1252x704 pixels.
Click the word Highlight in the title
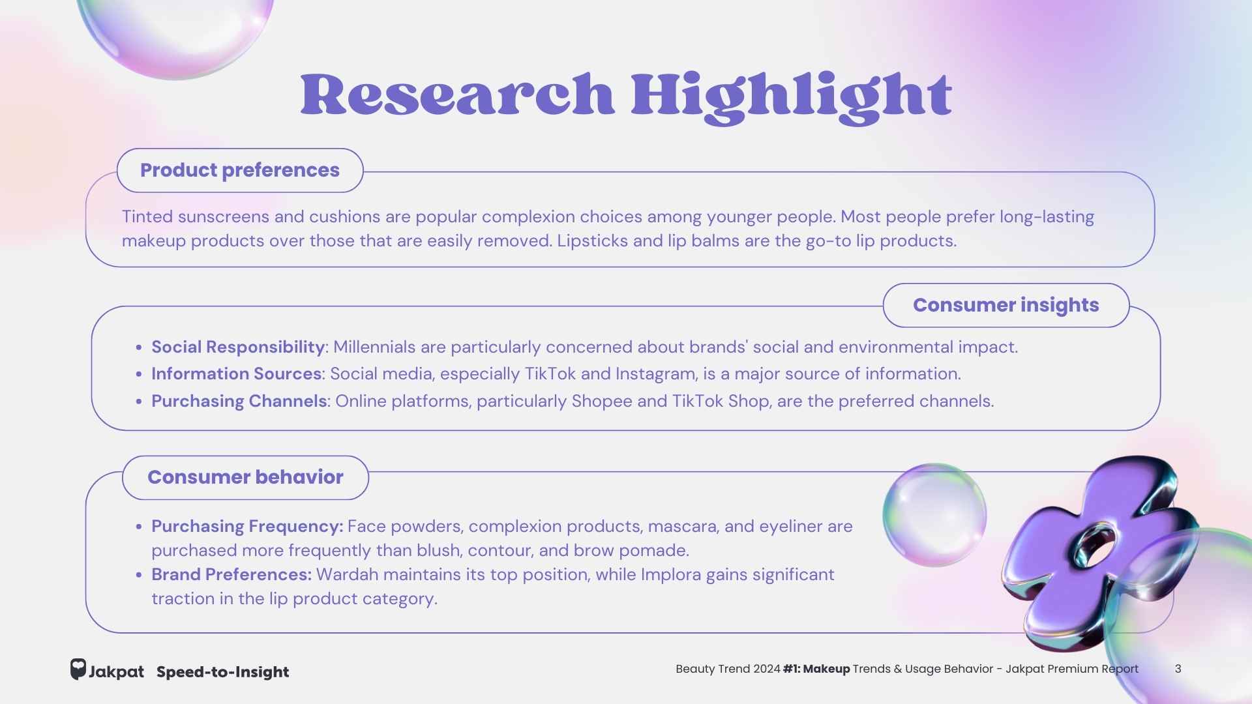point(792,98)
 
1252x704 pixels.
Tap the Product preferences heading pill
point(240,170)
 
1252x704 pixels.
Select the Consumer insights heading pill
point(1006,305)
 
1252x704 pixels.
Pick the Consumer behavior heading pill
point(245,477)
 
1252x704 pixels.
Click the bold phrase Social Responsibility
point(238,347)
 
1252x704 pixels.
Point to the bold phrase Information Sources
point(236,374)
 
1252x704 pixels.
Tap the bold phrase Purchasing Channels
point(239,401)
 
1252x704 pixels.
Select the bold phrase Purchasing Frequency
point(247,526)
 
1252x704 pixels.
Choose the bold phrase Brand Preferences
point(231,574)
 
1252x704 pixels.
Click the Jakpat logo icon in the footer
point(78,669)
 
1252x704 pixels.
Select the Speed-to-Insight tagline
point(222,672)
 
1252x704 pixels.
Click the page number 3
point(1178,669)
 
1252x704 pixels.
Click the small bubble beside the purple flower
point(934,515)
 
